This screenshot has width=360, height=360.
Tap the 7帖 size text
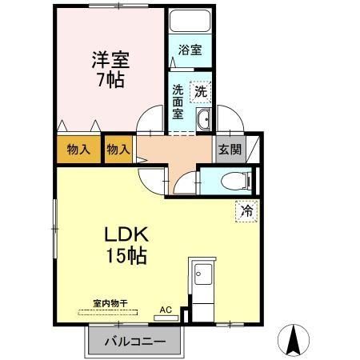pyautogui.click(x=111, y=81)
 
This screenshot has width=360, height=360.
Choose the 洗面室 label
pyautogui.click(x=178, y=101)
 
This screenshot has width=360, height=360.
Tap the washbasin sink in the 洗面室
pyautogui.click(x=204, y=121)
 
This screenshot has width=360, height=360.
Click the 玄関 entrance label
pyautogui.click(x=226, y=149)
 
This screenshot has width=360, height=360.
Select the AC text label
pyautogui.click(x=166, y=307)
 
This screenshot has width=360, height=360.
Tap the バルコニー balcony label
pyautogui.click(x=137, y=342)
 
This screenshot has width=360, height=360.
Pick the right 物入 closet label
pyautogui.click(x=118, y=149)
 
